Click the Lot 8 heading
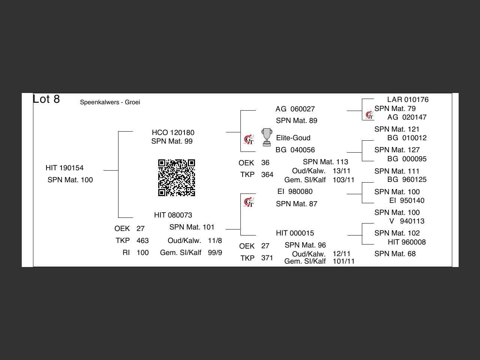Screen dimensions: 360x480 click(46, 99)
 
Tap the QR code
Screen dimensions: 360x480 click(176, 178)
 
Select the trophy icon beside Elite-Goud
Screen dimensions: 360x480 click(267, 137)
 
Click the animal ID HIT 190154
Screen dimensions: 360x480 click(64, 168)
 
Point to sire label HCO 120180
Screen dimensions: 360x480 click(173, 133)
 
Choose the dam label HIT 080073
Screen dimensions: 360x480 click(173, 215)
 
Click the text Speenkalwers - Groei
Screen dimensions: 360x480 click(110, 102)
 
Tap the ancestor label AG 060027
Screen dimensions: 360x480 click(295, 109)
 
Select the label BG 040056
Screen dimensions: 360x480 click(295, 150)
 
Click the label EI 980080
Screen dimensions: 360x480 click(295, 192)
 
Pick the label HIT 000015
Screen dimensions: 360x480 click(295, 233)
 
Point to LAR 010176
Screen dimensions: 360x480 click(408, 100)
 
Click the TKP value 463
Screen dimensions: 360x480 click(142, 241)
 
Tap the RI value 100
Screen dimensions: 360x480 click(142, 253)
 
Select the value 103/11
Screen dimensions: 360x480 click(343, 180)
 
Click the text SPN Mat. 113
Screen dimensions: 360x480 click(325, 162)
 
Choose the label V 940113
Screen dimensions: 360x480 click(407, 221)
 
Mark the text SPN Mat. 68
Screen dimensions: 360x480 click(395, 254)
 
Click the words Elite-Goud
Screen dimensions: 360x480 click(293, 138)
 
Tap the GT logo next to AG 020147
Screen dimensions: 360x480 click(369, 115)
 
